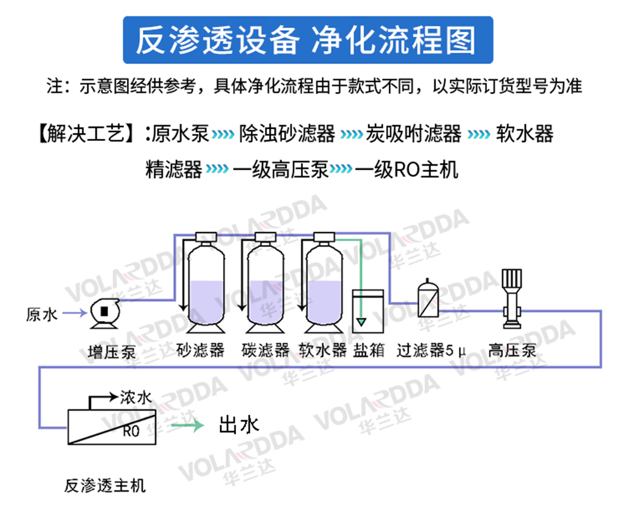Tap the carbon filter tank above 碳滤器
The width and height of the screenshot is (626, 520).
(266, 284)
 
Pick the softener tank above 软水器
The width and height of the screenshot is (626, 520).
(324, 284)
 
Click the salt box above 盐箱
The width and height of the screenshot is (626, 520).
(368, 311)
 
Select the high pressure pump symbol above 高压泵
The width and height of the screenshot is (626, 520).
(512, 297)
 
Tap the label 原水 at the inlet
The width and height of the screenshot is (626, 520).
(42, 314)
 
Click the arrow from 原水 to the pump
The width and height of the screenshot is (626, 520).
(73, 313)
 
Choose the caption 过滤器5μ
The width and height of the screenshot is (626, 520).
(431, 350)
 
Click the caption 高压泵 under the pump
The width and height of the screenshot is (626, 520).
(512, 350)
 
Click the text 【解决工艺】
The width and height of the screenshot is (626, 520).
(85, 134)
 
